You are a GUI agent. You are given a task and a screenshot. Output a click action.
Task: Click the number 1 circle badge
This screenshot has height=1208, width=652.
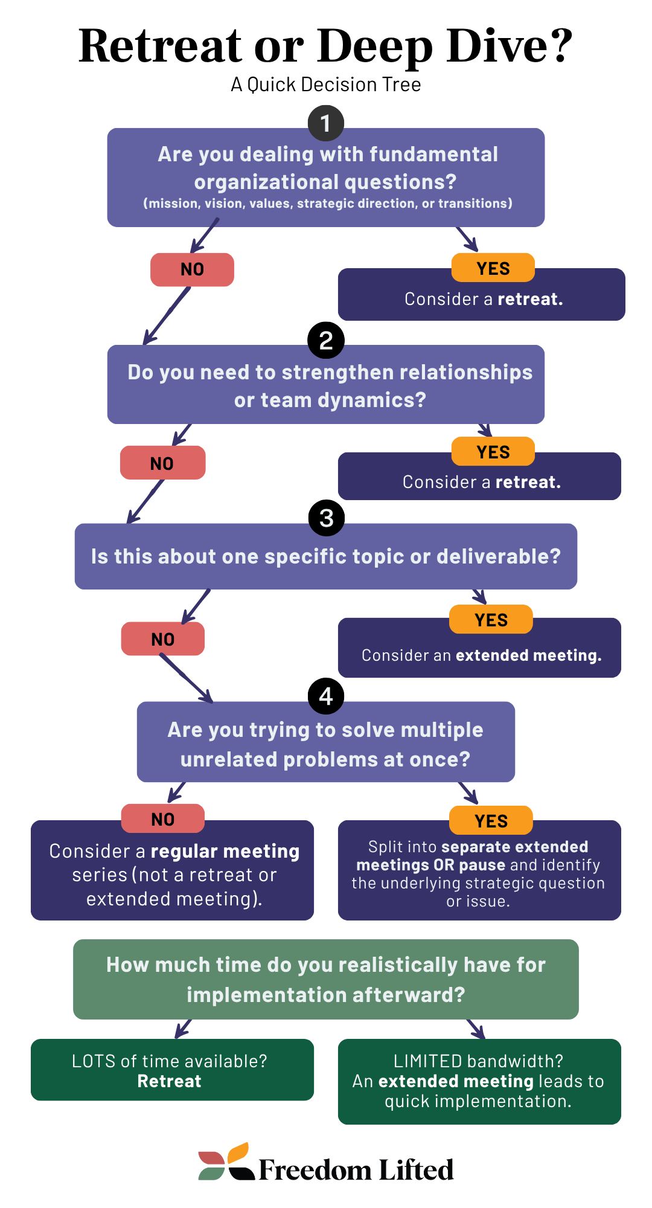[326, 123]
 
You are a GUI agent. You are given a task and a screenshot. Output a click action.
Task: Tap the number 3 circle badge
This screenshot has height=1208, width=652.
[326, 518]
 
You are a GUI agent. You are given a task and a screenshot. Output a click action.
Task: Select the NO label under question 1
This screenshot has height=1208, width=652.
[192, 269]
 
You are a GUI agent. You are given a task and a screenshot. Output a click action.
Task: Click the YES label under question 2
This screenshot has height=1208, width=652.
[493, 452]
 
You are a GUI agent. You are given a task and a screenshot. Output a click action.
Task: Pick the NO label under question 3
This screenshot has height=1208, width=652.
[163, 639]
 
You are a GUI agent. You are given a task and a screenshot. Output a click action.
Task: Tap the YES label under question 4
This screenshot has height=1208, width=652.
[491, 821]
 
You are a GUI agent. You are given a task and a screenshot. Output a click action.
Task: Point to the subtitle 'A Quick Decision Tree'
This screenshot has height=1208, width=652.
[326, 85]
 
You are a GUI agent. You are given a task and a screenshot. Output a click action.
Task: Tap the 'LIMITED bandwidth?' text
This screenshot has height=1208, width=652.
[478, 1061]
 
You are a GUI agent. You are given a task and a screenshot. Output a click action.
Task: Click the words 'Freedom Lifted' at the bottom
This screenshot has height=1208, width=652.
[356, 1170]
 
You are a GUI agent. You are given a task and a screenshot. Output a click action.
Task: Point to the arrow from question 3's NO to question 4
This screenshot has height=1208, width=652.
[186, 679]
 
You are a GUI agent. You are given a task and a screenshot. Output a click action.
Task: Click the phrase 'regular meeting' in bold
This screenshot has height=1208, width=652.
[225, 851]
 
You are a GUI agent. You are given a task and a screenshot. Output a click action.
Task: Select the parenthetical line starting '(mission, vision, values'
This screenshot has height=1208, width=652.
[327, 204]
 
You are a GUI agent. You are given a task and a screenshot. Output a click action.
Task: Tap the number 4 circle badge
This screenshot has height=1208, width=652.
[326, 696]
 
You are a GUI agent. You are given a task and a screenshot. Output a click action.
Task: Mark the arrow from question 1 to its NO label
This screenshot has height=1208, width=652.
[205, 236]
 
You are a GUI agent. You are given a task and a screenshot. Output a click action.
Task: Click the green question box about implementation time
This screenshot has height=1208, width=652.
[326, 979]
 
